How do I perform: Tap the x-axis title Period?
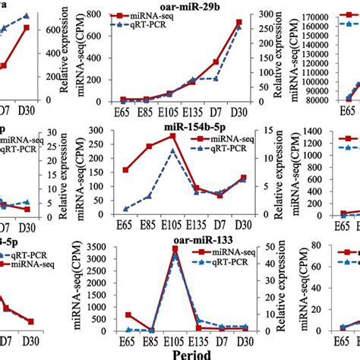[x=179, y=353]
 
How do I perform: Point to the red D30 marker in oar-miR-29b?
[x=239, y=23]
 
